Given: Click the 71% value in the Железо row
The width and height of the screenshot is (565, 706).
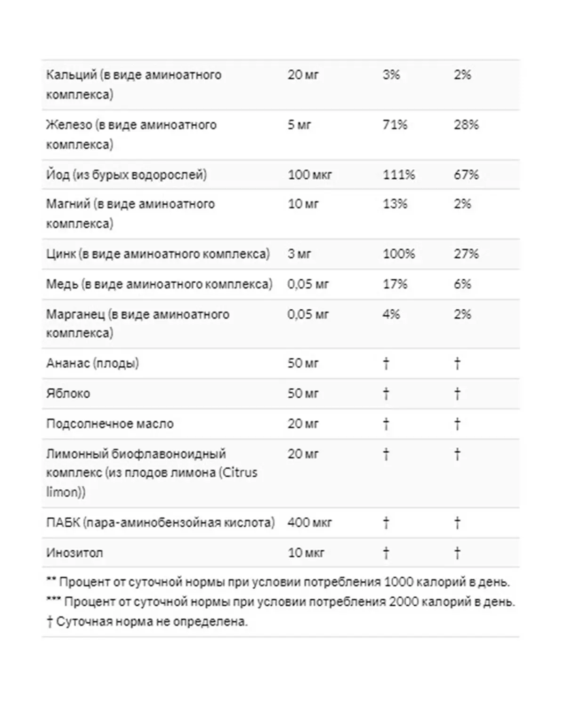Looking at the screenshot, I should [x=395, y=125].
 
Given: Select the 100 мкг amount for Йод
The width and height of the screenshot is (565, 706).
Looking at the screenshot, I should [x=309, y=175].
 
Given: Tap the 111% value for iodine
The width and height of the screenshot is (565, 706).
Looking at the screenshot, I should [x=398, y=175].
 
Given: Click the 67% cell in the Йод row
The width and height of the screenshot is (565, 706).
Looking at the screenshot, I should [x=466, y=175].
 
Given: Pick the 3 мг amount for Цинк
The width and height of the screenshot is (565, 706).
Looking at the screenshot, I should [x=299, y=254].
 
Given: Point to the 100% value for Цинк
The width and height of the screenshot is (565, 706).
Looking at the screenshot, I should [x=398, y=254].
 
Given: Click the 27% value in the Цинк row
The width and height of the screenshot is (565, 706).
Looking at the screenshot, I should [x=466, y=254].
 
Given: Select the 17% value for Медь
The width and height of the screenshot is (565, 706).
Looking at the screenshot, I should [x=395, y=284].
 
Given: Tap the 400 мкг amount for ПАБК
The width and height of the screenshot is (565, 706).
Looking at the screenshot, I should [x=309, y=522].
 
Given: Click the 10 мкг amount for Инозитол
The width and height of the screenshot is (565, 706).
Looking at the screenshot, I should [x=306, y=553].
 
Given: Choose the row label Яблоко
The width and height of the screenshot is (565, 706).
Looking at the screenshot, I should [x=68, y=393].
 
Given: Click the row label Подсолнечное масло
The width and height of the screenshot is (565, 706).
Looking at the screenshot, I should [x=110, y=424].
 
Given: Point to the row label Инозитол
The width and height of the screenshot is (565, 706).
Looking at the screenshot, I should [x=74, y=553].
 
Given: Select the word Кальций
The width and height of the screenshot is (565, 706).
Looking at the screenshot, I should [x=72, y=74].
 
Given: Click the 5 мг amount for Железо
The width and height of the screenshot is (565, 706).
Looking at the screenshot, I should [x=299, y=125].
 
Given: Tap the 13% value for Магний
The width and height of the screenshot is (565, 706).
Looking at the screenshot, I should [x=395, y=204].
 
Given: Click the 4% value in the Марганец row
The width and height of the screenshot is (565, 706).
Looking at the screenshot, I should [x=391, y=314].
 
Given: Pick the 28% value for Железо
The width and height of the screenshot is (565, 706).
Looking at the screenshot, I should [x=466, y=125].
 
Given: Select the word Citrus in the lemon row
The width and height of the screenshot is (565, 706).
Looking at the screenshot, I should [x=240, y=473].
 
